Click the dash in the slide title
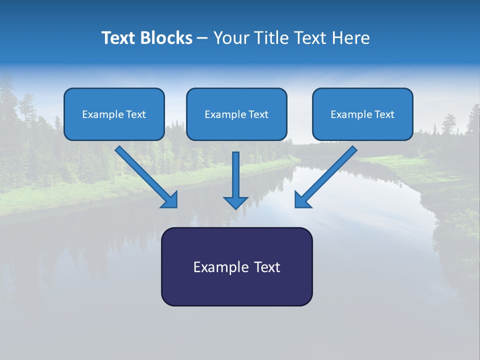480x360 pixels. click(x=202, y=38)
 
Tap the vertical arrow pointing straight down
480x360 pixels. click(x=235, y=175)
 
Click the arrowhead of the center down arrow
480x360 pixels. click(x=235, y=201)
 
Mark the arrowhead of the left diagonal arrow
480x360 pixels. click(x=170, y=199)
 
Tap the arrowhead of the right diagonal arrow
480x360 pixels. click(x=302, y=199)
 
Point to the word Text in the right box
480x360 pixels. click(x=384, y=114)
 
